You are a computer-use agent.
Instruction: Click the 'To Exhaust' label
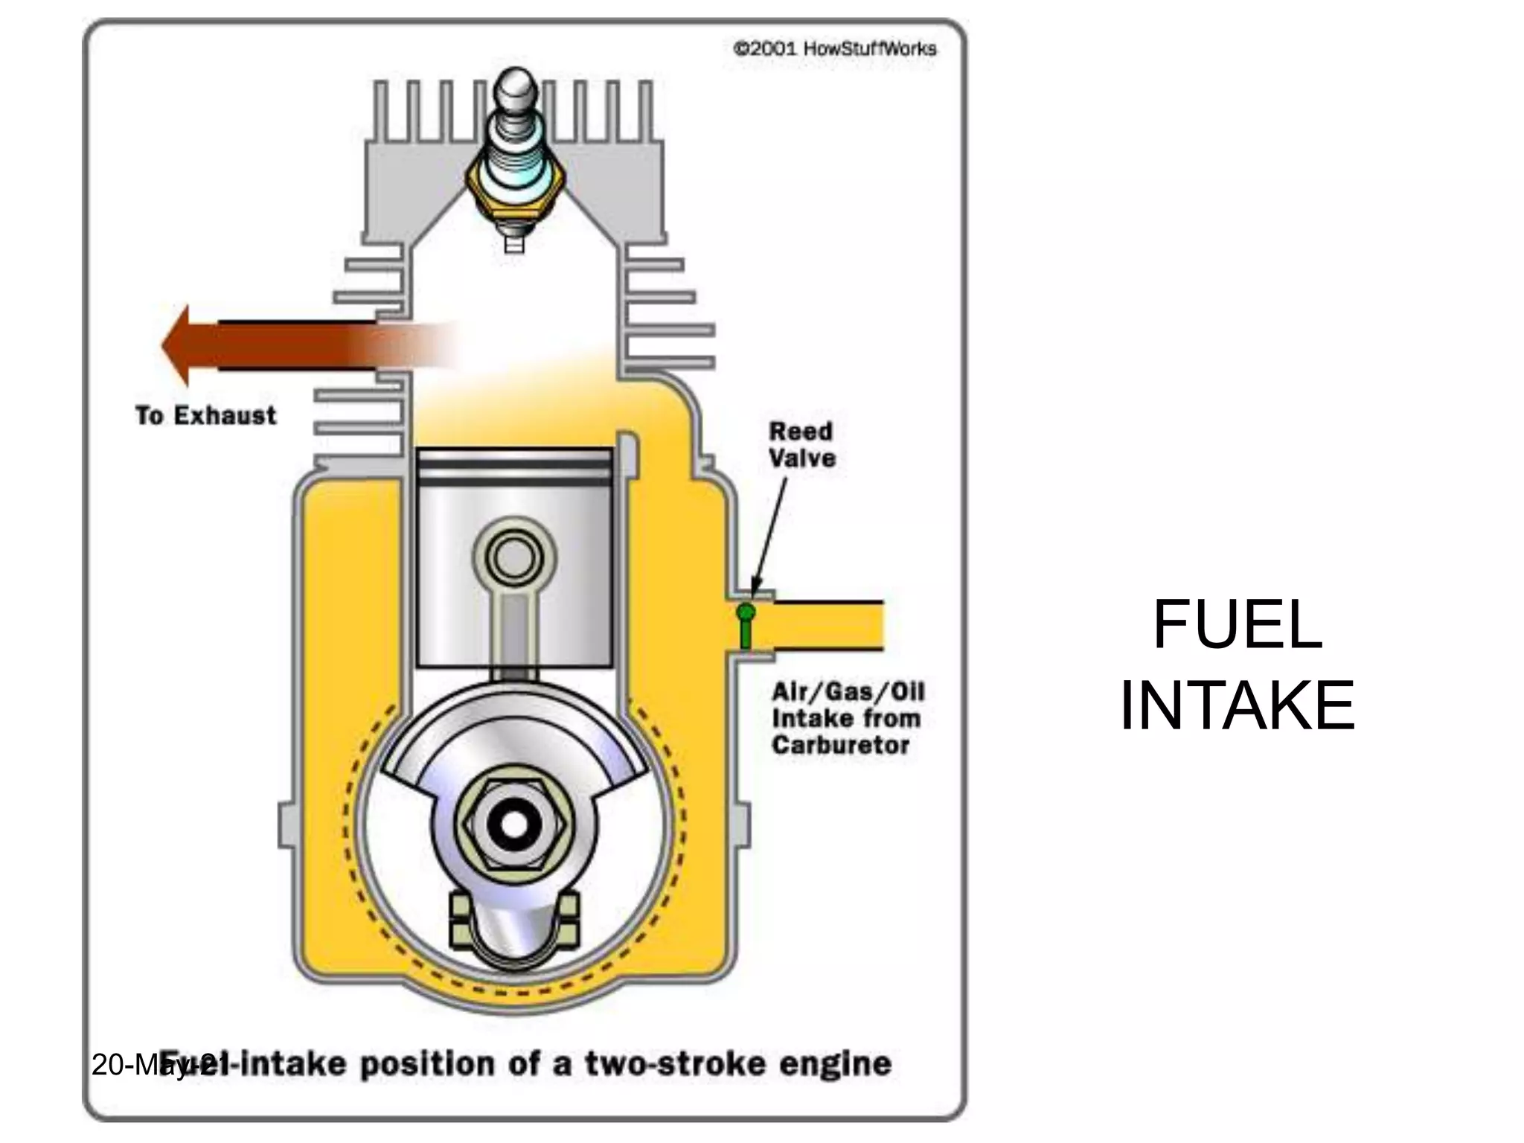pos(205,415)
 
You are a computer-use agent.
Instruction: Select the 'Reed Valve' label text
pos(801,444)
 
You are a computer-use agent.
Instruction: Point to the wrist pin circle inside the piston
pos(514,557)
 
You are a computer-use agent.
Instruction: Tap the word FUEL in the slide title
pos(1237,625)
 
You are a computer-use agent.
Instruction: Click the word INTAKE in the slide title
pos(1237,705)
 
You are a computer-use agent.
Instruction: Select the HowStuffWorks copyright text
pos(834,49)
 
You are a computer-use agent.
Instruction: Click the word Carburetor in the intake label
pos(840,745)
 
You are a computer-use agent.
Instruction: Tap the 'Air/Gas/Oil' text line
pos(848,692)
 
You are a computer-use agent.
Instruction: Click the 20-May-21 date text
pos(149,1064)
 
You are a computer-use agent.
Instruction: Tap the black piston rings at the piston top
pos(514,466)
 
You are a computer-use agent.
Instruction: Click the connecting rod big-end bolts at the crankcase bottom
pos(514,923)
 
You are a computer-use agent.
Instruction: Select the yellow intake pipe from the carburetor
pos(826,626)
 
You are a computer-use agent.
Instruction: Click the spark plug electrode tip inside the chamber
pos(514,245)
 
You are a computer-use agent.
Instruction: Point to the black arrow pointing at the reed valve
pos(769,536)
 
